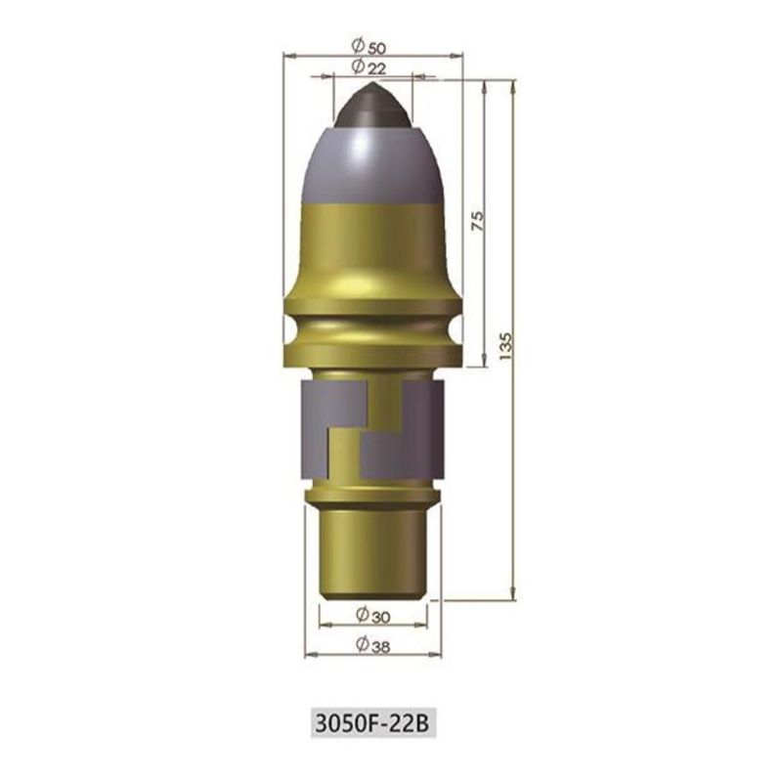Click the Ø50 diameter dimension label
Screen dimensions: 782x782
369,47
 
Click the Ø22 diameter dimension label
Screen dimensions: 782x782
369,66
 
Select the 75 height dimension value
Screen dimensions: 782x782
477,221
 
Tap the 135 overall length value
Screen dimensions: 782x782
505,346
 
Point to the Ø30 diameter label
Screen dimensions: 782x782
373,616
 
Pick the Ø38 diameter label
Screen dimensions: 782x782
373,644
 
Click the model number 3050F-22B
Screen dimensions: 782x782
373,722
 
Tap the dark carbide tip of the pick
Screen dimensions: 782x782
373,106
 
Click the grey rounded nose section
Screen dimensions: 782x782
373,165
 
